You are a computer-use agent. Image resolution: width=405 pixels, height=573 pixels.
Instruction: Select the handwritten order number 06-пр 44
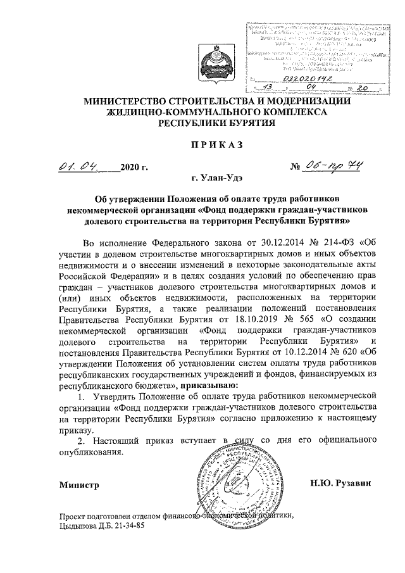(x=336, y=167)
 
